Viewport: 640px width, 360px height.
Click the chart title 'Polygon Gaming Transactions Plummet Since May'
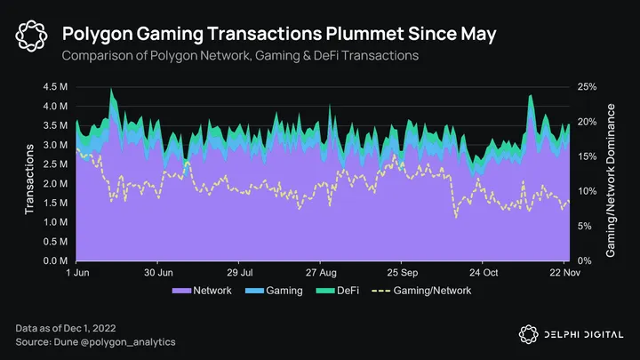pyautogui.click(x=279, y=34)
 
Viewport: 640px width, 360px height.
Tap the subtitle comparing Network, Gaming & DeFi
pyautogui.click(x=240, y=56)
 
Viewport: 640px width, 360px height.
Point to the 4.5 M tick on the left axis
pyautogui.click(x=54, y=87)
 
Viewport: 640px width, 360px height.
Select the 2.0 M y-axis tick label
pyautogui.click(x=54, y=184)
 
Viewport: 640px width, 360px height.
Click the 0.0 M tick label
pyautogui.click(x=54, y=261)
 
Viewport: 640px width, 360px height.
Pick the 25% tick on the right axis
pyautogui.click(x=588, y=87)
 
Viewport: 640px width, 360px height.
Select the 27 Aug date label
pyautogui.click(x=322, y=273)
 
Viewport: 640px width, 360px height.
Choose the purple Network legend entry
pyautogui.click(x=202, y=291)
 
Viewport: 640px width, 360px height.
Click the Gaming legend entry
pyautogui.click(x=276, y=291)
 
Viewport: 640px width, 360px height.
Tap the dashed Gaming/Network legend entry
pyautogui.click(x=422, y=291)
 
